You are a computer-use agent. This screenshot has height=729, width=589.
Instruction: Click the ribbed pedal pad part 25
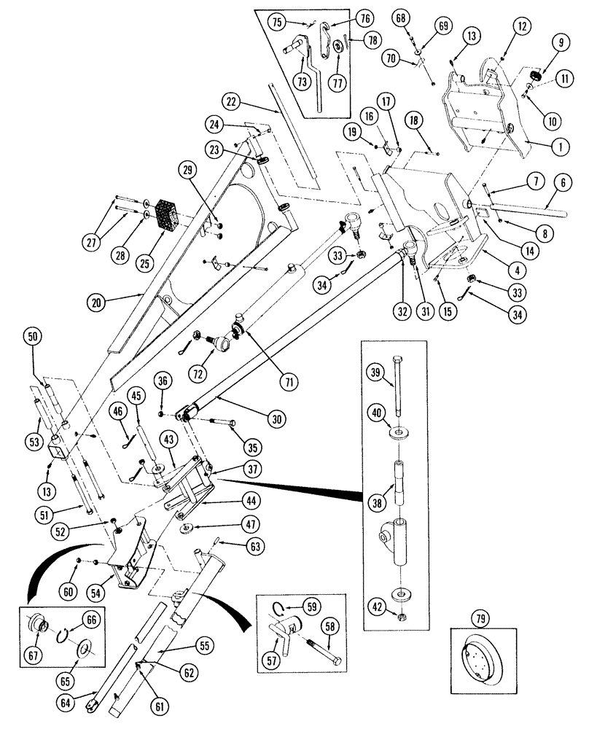[x=172, y=212]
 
